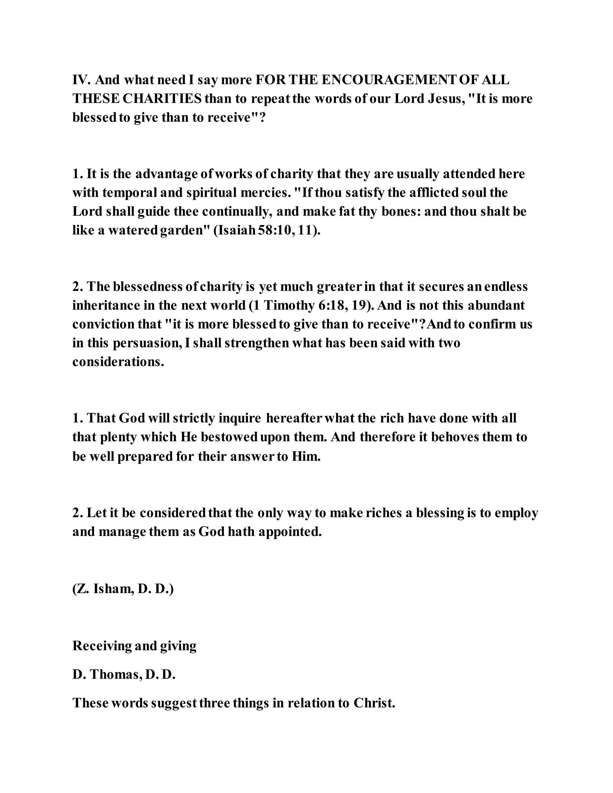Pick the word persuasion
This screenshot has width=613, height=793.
[147, 343]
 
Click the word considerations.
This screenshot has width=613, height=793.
[118, 362]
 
